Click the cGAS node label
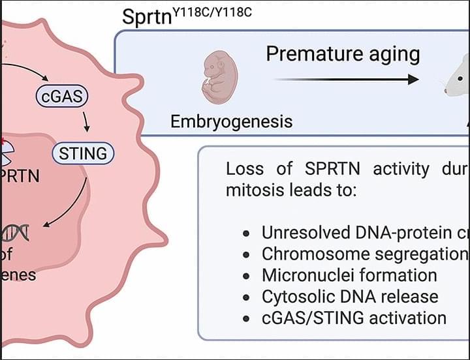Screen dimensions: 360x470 click(x=62, y=97)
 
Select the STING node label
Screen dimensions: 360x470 click(x=82, y=154)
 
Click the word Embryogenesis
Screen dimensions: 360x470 click(x=231, y=121)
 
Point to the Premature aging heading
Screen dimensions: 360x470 click(x=343, y=53)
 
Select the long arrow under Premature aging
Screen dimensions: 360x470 click(x=346, y=80)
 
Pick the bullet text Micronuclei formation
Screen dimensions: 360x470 click(x=349, y=275)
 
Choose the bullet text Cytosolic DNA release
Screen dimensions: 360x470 click(x=349, y=296)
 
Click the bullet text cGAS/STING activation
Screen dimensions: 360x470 click(x=354, y=318)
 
